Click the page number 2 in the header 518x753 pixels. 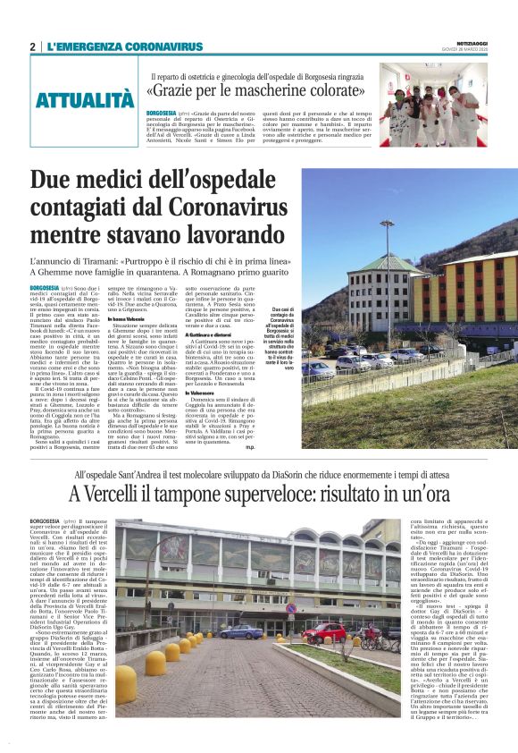33,47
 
